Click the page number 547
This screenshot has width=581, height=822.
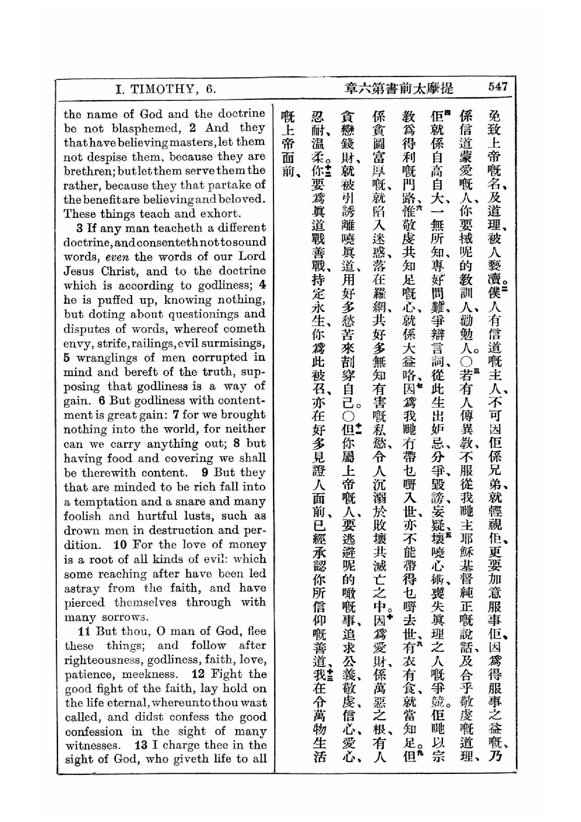[498, 87]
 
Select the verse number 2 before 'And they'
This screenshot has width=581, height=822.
[192, 128]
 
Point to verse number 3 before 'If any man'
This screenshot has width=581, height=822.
[79, 228]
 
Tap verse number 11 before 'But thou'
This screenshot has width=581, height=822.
[84, 630]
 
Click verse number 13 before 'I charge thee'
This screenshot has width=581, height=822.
[141, 745]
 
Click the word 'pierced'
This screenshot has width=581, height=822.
[84, 602]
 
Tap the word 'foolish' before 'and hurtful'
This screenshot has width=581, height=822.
[82, 516]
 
